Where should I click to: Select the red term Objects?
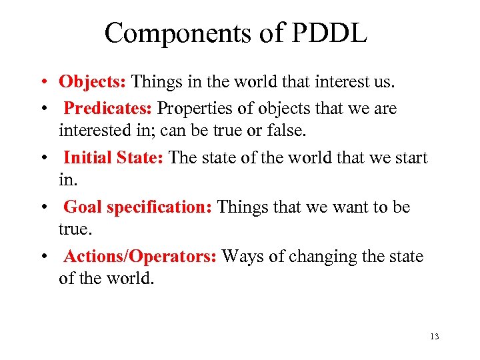click(x=93, y=82)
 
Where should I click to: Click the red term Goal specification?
click(x=138, y=207)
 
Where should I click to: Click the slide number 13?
click(x=435, y=337)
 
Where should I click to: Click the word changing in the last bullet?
click(x=318, y=257)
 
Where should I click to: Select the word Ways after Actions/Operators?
click(x=241, y=257)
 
